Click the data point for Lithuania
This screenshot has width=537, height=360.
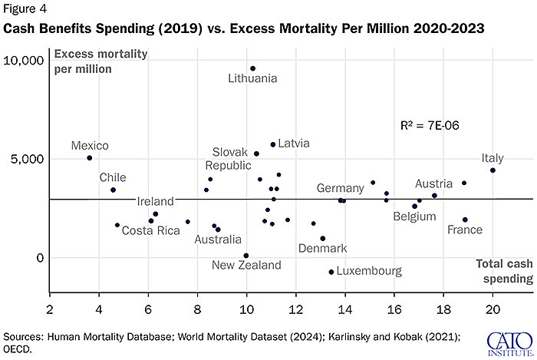(252, 68)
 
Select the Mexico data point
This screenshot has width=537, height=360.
(90, 158)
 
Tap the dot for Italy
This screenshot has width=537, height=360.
(493, 170)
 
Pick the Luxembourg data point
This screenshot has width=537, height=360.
(331, 272)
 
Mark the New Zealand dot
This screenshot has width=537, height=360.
(246, 256)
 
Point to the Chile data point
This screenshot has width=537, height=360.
(113, 190)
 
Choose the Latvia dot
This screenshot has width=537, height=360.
(273, 144)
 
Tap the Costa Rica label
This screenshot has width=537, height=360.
(151, 231)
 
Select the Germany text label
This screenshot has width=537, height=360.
(340, 188)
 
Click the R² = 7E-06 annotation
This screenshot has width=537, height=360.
(430, 124)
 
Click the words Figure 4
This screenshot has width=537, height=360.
(24, 10)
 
